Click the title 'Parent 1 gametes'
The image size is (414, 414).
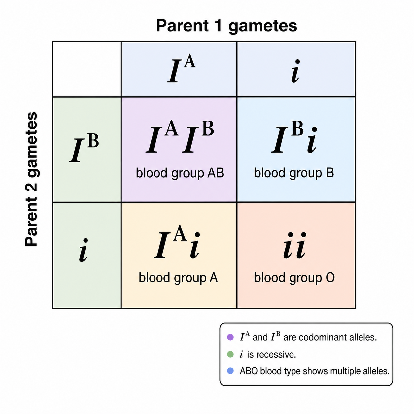coord(226,26)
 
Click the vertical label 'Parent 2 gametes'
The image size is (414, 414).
coord(32,179)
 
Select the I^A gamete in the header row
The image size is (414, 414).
coord(182,69)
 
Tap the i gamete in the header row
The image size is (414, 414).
coord(295,71)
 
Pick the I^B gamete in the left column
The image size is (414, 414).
coord(84,148)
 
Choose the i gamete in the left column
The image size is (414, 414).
coord(83,251)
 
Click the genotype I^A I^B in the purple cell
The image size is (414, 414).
coord(180,137)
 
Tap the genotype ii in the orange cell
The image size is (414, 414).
coord(294,245)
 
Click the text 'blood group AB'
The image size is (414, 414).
coord(180,173)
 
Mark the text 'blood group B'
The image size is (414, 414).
coord(294,173)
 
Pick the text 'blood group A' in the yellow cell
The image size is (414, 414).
coord(178,278)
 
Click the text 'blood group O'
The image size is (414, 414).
coord(294,278)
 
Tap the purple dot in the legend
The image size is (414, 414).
coord(230,337)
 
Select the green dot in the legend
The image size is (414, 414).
coord(230,354)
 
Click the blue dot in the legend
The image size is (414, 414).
coord(230,371)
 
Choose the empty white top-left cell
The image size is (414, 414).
coord(87,69)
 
